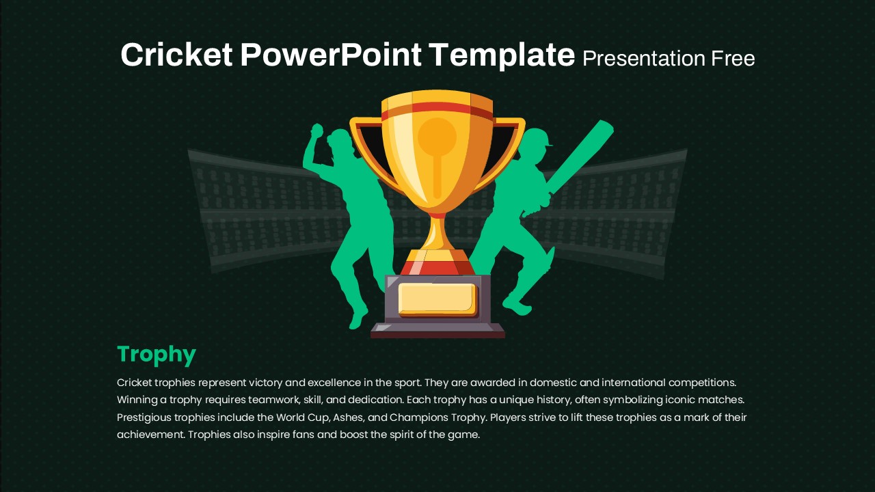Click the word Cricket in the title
176,55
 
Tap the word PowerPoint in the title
331,55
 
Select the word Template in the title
502,56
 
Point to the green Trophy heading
157,355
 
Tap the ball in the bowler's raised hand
317,130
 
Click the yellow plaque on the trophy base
437,299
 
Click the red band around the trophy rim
437,110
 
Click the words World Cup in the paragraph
303,418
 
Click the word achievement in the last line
150,435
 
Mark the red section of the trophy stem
437,268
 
